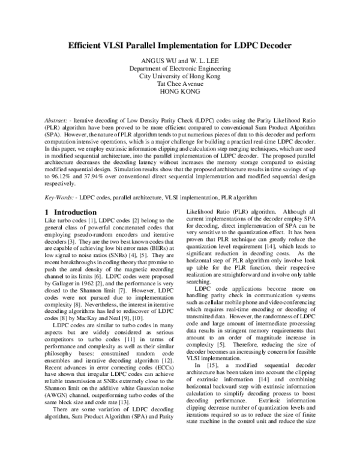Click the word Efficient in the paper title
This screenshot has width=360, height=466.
click(x=88, y=45)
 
